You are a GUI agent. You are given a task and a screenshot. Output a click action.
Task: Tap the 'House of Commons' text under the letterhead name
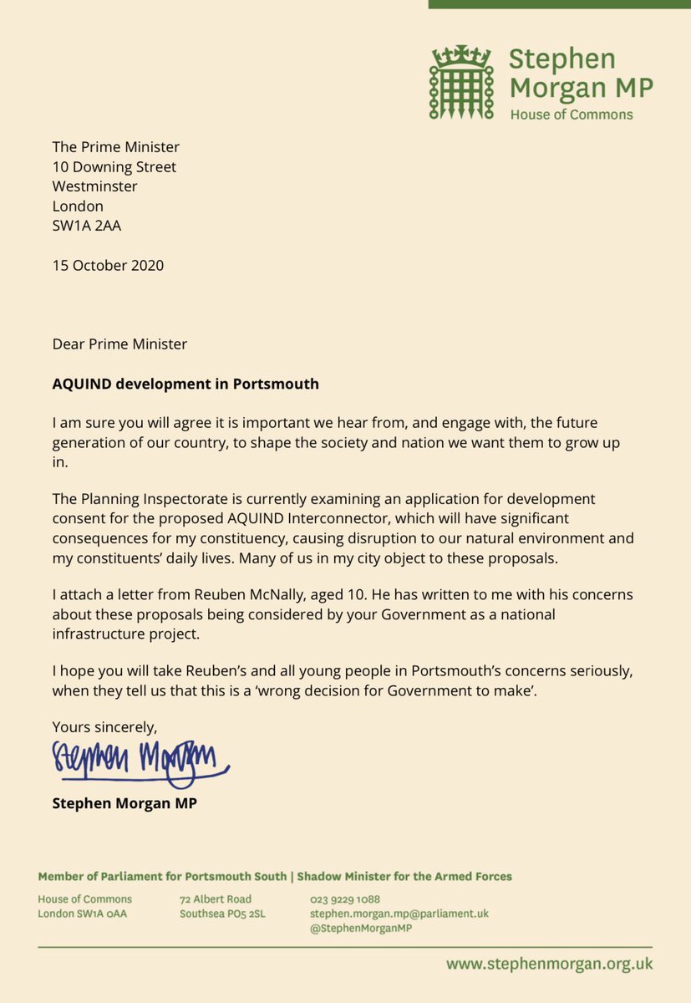[x=571, y=115]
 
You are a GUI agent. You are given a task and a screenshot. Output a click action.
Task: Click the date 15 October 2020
[x=108, y=266]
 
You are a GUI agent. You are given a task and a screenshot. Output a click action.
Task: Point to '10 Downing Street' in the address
[x=114, y=167]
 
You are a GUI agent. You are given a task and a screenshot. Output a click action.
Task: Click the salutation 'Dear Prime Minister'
[x=119, y=344]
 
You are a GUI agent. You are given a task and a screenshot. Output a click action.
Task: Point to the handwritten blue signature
[x=139, y=761]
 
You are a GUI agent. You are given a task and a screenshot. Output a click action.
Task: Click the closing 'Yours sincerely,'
[x=104, y=726]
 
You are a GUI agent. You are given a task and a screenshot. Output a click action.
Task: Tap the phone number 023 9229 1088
[x=345, y=899]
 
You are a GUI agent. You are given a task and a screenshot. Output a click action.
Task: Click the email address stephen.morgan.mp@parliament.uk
[x=399, y=914]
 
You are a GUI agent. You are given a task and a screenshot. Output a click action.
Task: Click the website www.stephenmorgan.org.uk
[x=549, y=964]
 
